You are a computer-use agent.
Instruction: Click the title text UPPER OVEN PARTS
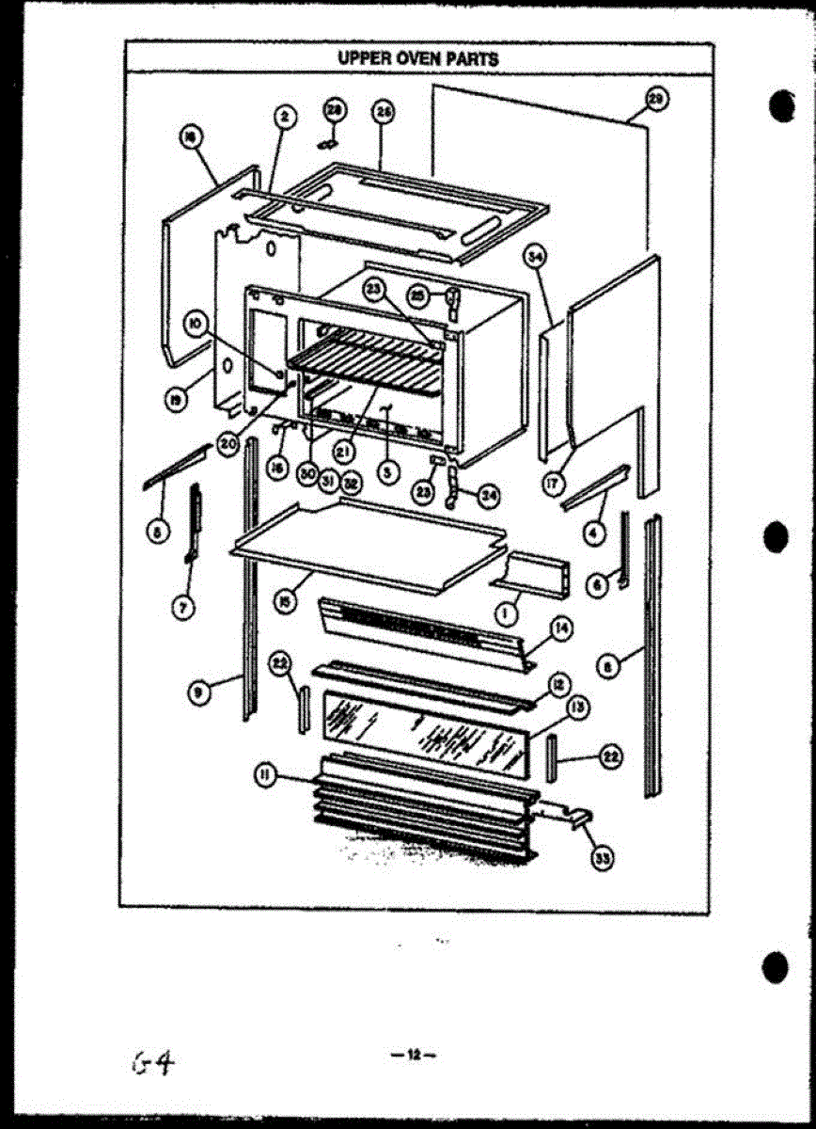pos(418,58)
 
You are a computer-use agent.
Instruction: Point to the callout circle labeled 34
pos(535,255)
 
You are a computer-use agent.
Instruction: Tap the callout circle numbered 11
pos(266,774)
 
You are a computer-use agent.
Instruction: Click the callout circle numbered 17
pos(551,485)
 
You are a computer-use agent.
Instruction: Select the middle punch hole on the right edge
pos(777,537)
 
